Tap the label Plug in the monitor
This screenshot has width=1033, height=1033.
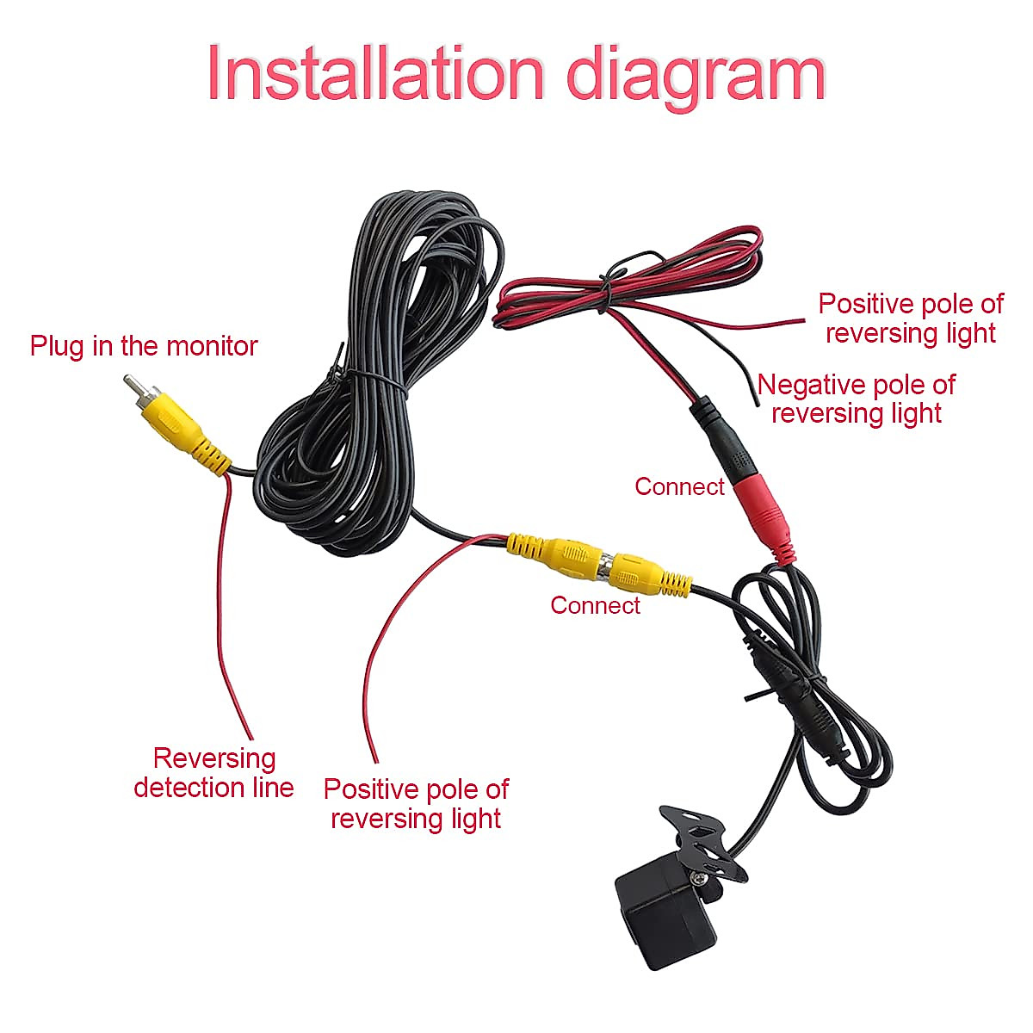[144, 346]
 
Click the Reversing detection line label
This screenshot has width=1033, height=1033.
[213, 772]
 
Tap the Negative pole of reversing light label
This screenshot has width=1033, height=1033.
[857, 399]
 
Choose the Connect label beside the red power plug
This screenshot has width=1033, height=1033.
[679, 486]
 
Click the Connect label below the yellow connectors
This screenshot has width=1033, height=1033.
[595, 605]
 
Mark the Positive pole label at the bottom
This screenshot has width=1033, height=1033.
[416, 803]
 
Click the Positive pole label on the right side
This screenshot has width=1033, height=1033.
[910, 318]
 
